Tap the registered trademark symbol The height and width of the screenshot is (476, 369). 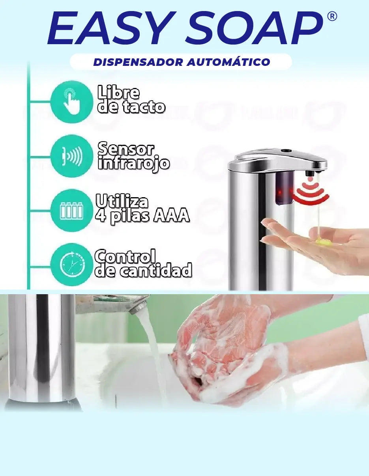332,17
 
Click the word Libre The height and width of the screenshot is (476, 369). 118,93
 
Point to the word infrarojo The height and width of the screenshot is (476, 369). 133,163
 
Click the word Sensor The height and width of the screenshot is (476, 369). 125,149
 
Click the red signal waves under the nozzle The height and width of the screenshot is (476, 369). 312,193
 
